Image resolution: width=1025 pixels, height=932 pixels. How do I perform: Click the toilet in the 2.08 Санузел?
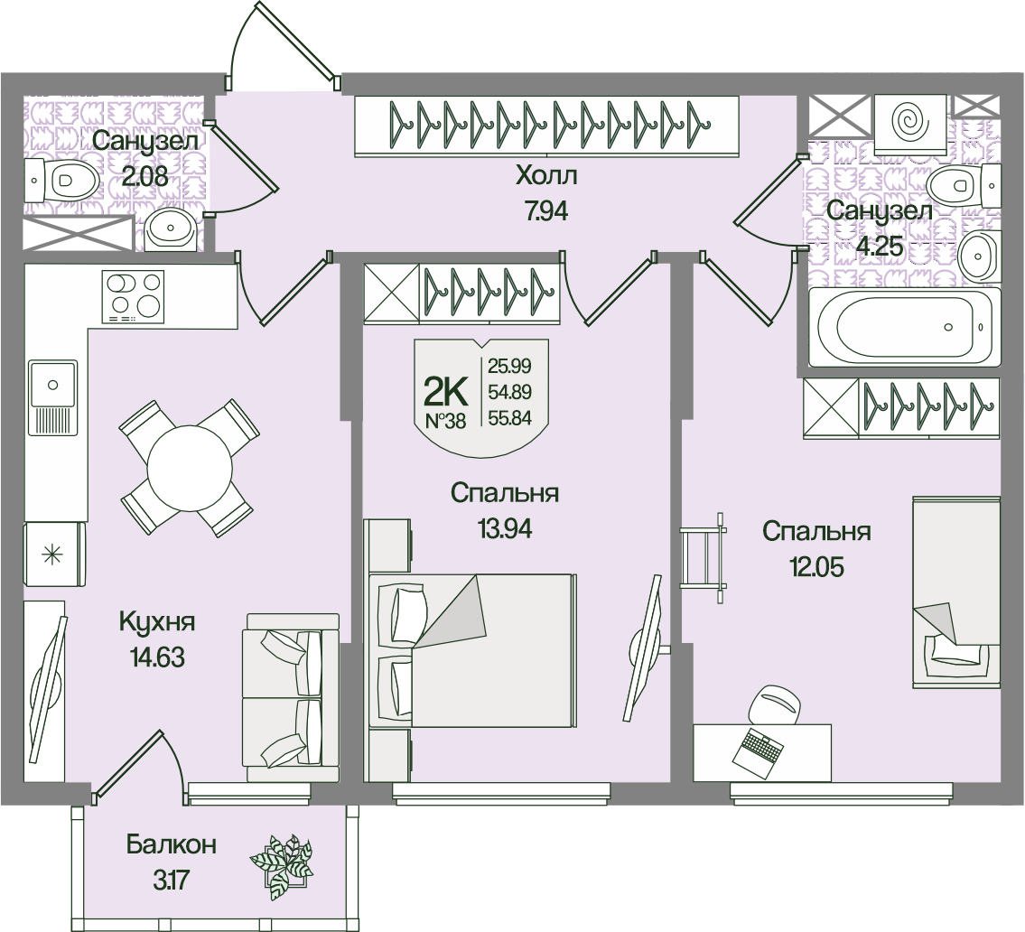click(62, 181)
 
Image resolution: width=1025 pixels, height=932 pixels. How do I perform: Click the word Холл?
click(545, 175)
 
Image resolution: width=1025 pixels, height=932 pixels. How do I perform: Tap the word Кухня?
click(157, 622)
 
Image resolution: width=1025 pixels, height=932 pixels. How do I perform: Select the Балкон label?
click(172, 845)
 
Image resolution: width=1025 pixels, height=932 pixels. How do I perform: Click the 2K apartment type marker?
click(445, 392)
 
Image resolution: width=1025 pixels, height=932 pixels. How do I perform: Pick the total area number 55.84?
click(508, 417)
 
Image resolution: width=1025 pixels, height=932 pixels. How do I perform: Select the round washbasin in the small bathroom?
click(168, 229)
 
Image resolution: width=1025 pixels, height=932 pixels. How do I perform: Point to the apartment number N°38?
click(445, 420)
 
